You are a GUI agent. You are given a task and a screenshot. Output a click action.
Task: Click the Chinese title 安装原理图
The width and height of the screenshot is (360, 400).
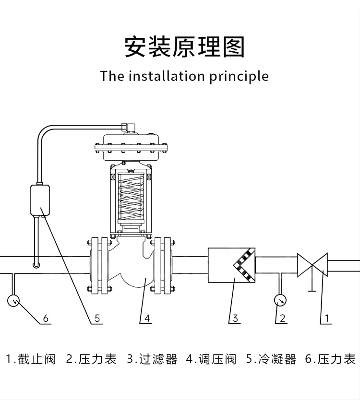click(x=184, y=47)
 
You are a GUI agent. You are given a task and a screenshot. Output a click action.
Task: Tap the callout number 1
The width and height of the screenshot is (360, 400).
click(x=327, y=318)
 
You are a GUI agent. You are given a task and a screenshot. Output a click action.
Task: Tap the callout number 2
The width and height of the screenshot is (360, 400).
click(x=282, y=318)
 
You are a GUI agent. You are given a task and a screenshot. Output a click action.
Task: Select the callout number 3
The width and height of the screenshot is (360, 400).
click(x=235, y=318)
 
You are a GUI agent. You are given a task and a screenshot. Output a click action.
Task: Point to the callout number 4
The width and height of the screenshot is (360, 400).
click(x=147, y=318)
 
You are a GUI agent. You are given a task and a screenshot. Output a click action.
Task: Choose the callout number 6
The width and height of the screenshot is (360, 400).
click(x=46, y=318)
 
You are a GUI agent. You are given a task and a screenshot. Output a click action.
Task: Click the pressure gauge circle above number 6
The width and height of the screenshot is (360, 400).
click(x=14, y=301)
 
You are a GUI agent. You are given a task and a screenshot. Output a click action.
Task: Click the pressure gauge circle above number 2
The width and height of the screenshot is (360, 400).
click(x=280, y=301)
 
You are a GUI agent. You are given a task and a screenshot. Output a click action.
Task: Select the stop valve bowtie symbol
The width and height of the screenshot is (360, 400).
click(x=312, y=264)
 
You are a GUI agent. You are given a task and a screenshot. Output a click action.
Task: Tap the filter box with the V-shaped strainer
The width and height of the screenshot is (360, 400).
click(x=231, y=265)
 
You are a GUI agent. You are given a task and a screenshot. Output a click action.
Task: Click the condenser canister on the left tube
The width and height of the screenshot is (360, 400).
click(x=41, y=200)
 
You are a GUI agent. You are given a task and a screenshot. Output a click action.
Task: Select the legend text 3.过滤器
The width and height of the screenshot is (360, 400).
click(x=152, y=359)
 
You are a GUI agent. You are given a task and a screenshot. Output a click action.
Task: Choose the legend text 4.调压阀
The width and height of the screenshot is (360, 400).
click(x=211, y=359)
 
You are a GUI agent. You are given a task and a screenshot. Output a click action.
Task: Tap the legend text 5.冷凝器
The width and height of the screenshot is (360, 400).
click(x=271, y=359)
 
